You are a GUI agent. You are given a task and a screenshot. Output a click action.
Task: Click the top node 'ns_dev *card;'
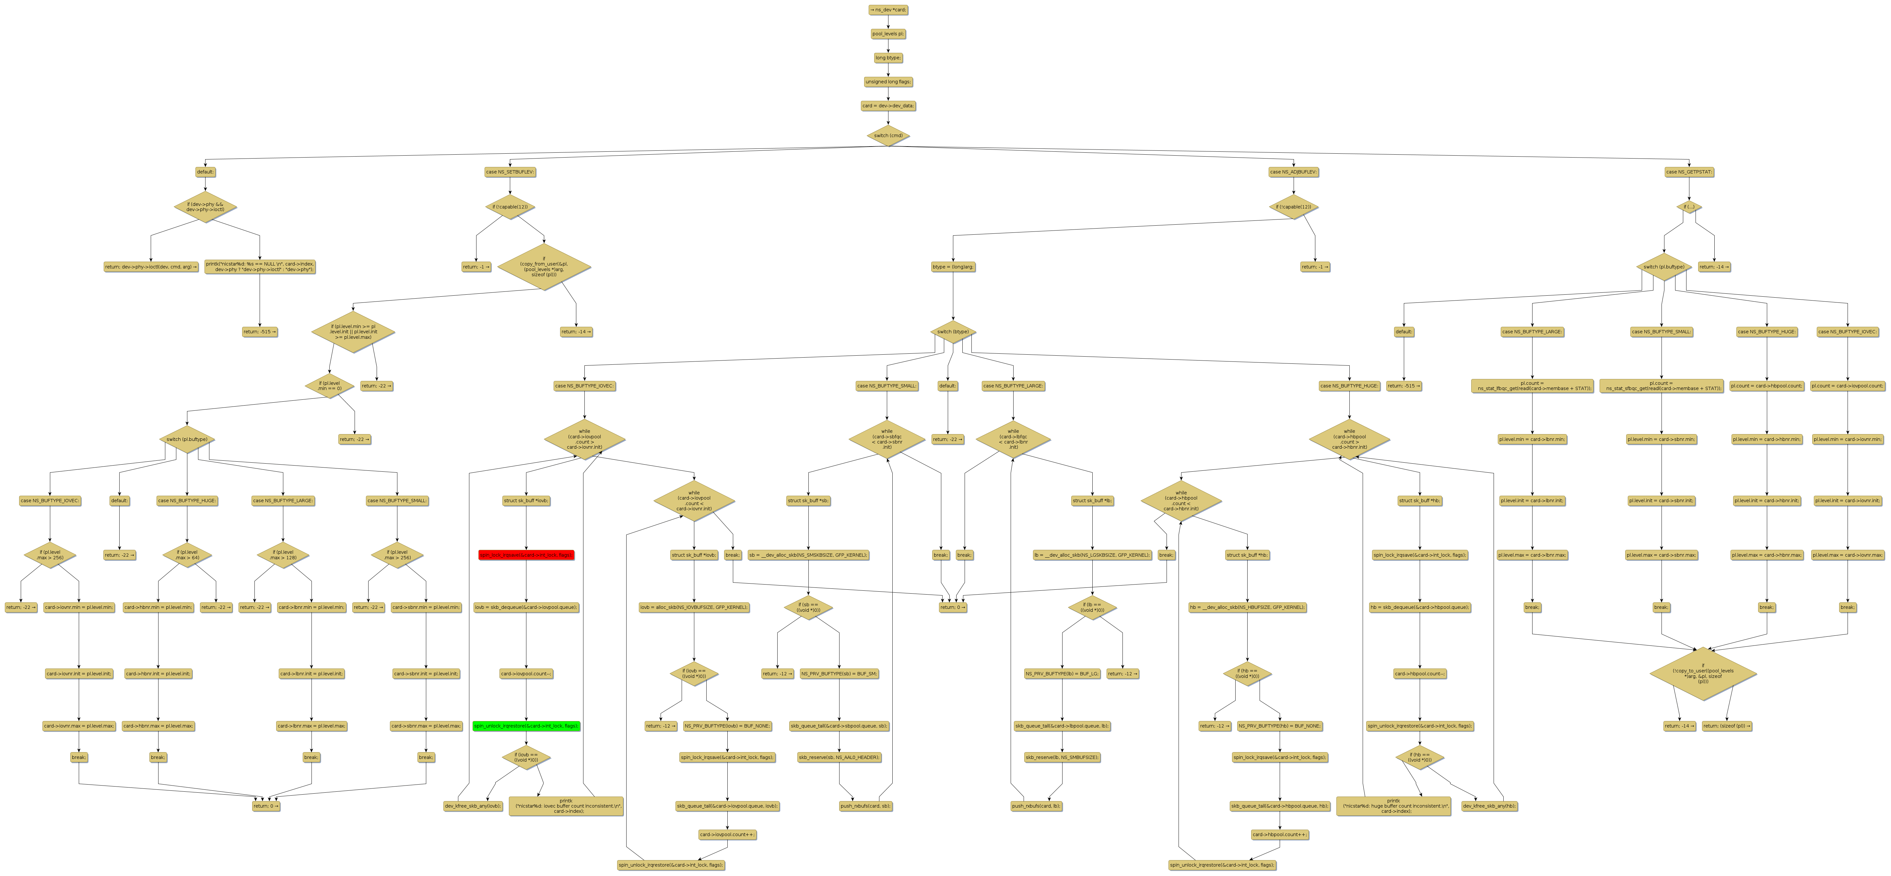click(x=887, y=9)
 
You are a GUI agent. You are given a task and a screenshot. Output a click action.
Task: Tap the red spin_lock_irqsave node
click(x=526, y=555)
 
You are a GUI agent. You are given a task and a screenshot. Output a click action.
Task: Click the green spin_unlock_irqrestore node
click(x=526, y=726)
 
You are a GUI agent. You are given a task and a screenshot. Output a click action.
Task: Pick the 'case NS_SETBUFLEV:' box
click(x=510, y=172)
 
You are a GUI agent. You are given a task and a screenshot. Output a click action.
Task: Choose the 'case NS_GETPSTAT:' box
click(x=1689, y=172)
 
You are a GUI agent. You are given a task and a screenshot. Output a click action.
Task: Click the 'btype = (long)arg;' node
click(x=953, y=266)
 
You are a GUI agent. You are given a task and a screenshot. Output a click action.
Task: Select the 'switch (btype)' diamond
click(x=953, y=332)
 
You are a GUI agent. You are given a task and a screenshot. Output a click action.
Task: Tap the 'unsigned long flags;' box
click(x=887, y=81)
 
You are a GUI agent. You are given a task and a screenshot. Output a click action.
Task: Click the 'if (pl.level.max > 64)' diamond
click(x=187, y=555)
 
